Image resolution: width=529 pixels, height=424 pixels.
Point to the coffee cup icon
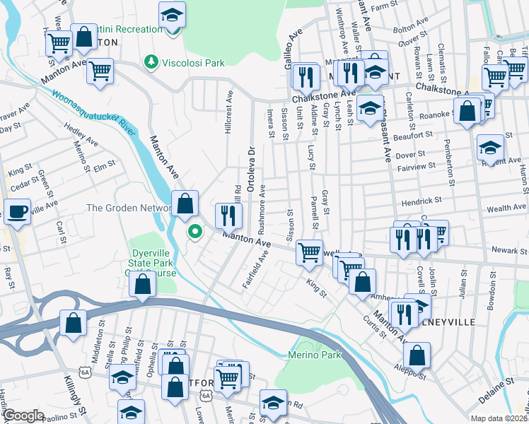(x=16, y=211)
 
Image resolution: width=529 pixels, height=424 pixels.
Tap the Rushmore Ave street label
(x=262, y=209)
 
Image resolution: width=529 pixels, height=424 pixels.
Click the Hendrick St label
(x=422, y=201)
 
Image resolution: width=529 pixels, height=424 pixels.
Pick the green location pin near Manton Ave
(x=194, y=231)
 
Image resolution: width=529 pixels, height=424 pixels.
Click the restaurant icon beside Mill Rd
(x=226, y=215)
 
